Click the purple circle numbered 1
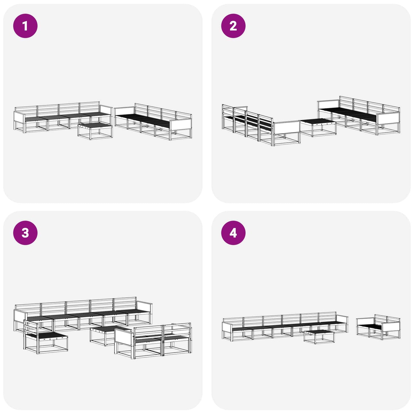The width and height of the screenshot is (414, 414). [25, 26]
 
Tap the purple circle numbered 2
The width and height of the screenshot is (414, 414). [233, 26]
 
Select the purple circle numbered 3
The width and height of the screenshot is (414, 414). [25, 233]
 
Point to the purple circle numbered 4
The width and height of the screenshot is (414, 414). [233, 233]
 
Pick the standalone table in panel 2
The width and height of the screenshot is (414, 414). [318, 127]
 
